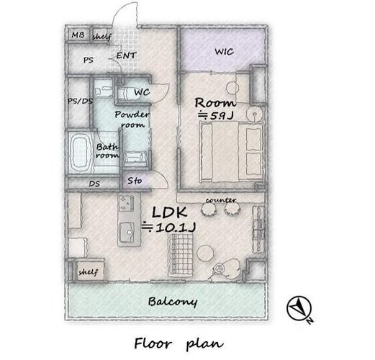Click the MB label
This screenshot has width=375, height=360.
78,35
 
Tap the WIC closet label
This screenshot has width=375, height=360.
224,52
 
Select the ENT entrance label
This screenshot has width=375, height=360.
127,55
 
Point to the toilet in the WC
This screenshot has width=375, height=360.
126,93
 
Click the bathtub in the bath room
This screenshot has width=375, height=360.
80,152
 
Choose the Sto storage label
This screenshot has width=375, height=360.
135,181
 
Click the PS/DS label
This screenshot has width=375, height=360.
80,102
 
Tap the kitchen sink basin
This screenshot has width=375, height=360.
127,233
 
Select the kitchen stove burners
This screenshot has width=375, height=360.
126,204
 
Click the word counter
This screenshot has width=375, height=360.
221,200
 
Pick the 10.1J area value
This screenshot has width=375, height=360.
176,228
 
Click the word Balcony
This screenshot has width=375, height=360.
173,302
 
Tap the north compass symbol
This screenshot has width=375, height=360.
299,308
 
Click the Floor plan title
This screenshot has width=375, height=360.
179,343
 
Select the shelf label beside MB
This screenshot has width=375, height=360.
102,37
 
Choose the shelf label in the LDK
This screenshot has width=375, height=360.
89,272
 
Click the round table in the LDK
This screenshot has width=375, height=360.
205,253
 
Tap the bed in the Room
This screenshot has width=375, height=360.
231,152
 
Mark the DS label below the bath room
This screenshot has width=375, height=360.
94,184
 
